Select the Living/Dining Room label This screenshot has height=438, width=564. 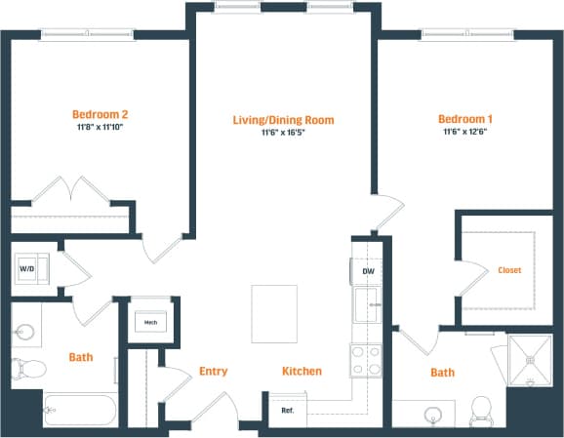[x=283, y=120]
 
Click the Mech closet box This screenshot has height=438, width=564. [x=150, y=320]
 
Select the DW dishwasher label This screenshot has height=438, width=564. [x=368, y=271]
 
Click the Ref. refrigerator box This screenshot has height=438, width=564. [x=288, y=410]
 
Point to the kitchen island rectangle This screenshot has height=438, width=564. [x=274, y=313]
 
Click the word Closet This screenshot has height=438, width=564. [x=509, y=270]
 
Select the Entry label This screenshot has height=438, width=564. [x=213, y=371]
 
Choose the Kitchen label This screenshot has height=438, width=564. [x=302, y=371]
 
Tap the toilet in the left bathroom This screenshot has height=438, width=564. [x=26, y=370]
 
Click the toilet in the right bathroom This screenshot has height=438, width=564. [x=481, y=409]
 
